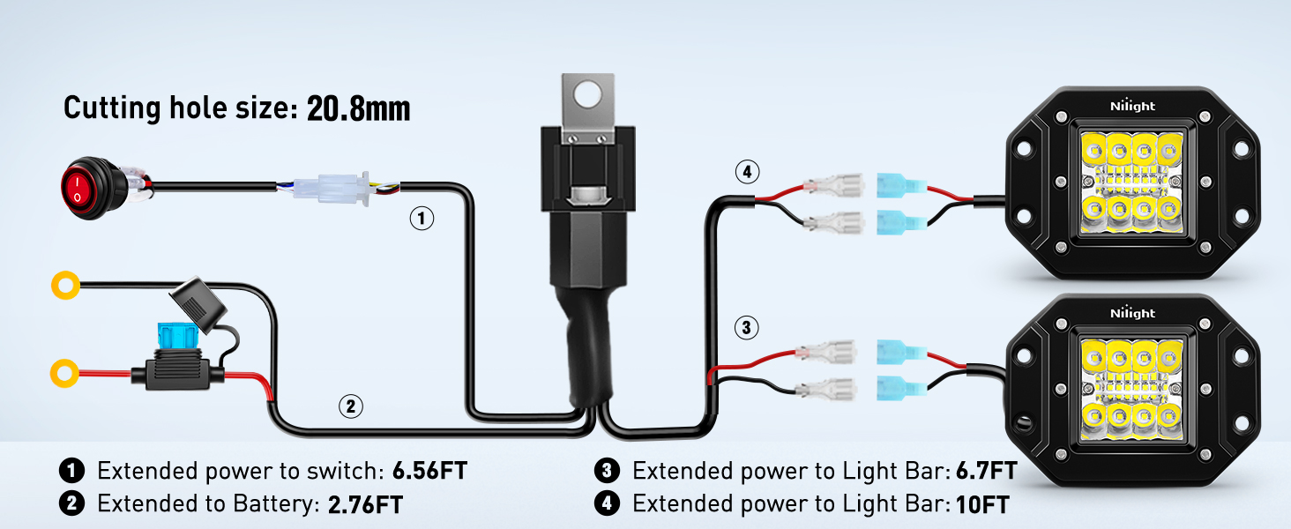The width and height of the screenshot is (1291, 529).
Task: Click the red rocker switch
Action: [x=80, y=185]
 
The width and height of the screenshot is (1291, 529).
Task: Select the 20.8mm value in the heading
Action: [x=358, y=108]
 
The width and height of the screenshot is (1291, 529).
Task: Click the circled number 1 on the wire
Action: [x=422, y=218]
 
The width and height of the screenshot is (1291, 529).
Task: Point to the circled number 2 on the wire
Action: [x=350, y=406]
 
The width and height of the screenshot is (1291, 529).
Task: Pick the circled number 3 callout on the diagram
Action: [x=746, y=329]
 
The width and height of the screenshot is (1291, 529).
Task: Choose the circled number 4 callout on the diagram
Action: [x=746, y=173]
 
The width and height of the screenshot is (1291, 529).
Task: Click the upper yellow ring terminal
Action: [x=65, y=285]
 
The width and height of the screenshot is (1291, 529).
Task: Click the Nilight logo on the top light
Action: [x=1132, y=107]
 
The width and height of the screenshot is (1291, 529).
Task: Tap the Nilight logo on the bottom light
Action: [x=1132, y=314]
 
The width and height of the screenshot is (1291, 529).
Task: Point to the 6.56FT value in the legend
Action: [x=429, y=471]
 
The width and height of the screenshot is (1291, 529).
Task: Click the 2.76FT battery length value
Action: [x=365, y=504]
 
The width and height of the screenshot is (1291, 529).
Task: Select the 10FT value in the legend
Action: [x=982, y=504]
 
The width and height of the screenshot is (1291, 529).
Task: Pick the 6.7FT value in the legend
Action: [x=986, y=471]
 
